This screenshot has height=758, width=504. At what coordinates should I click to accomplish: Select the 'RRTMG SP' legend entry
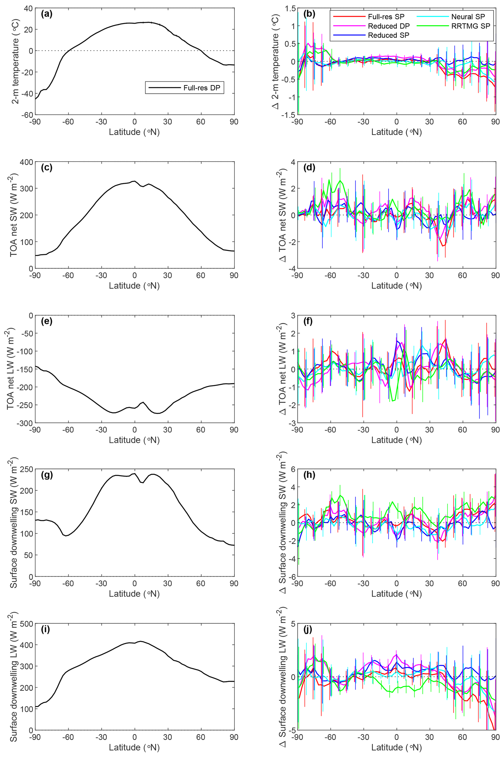(x=471, y=26)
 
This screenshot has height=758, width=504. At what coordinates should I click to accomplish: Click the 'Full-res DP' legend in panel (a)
(x=202, y=88)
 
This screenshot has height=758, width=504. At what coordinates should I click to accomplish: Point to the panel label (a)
(x=47, y=14)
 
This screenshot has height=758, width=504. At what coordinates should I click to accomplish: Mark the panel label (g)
(x=47, y=475)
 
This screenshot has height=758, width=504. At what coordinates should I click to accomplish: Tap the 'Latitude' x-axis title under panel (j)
(x=396, y=747)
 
